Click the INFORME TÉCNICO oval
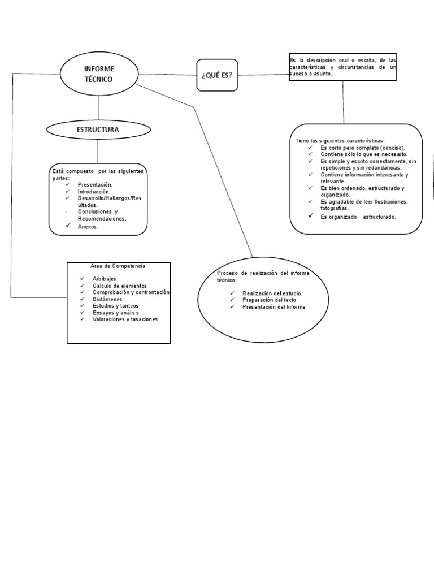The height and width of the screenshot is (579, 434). tap(99, 74)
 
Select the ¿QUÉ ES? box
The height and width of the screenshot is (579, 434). tap(217, 75)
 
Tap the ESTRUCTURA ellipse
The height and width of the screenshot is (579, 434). tap(98, 130)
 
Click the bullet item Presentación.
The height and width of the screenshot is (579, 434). tap(95, 184)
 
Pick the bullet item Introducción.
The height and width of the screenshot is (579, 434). tap(94, 191)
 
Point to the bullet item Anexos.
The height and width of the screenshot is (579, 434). tap(88, 227)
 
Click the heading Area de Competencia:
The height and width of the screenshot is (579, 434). tap(118, 266)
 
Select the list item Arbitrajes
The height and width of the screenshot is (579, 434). tap(104, 279)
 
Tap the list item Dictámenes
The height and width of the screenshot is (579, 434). tap(107, 299)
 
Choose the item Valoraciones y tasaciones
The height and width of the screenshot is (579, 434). tap(125, 319)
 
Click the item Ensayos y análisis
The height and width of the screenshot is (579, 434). tap(115, 313)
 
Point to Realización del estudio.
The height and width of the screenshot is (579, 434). tap(272, 293)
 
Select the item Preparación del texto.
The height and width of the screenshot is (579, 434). tap(270, 300)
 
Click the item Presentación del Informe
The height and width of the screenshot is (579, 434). tap(274, 306)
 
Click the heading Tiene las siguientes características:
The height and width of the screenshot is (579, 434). tap(340, 140)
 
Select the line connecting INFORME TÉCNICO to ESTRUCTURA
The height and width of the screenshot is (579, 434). tap(99, 107)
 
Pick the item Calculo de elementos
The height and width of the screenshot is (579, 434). tap(119, 286)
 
